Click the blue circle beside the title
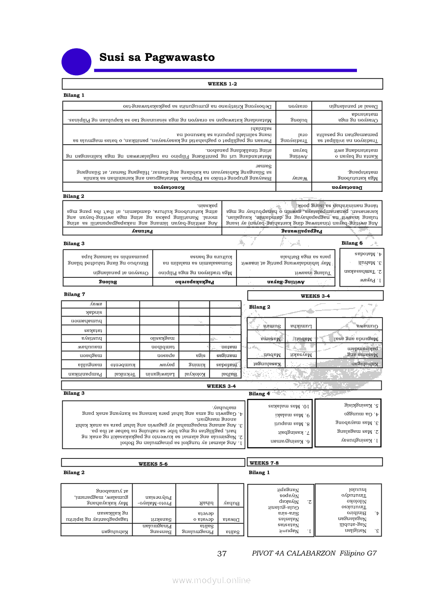[x=76, y=61]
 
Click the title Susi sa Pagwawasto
[x=157, y=57]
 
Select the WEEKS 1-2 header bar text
[x=222, y=83]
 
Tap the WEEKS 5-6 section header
[x=153, y=463]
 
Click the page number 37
[x=222, y=553]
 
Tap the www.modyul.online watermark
[x=211, y=580]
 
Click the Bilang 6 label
[x=352, y=243]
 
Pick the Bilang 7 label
[x=74, y=294]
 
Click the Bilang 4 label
[x=259, y=393]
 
